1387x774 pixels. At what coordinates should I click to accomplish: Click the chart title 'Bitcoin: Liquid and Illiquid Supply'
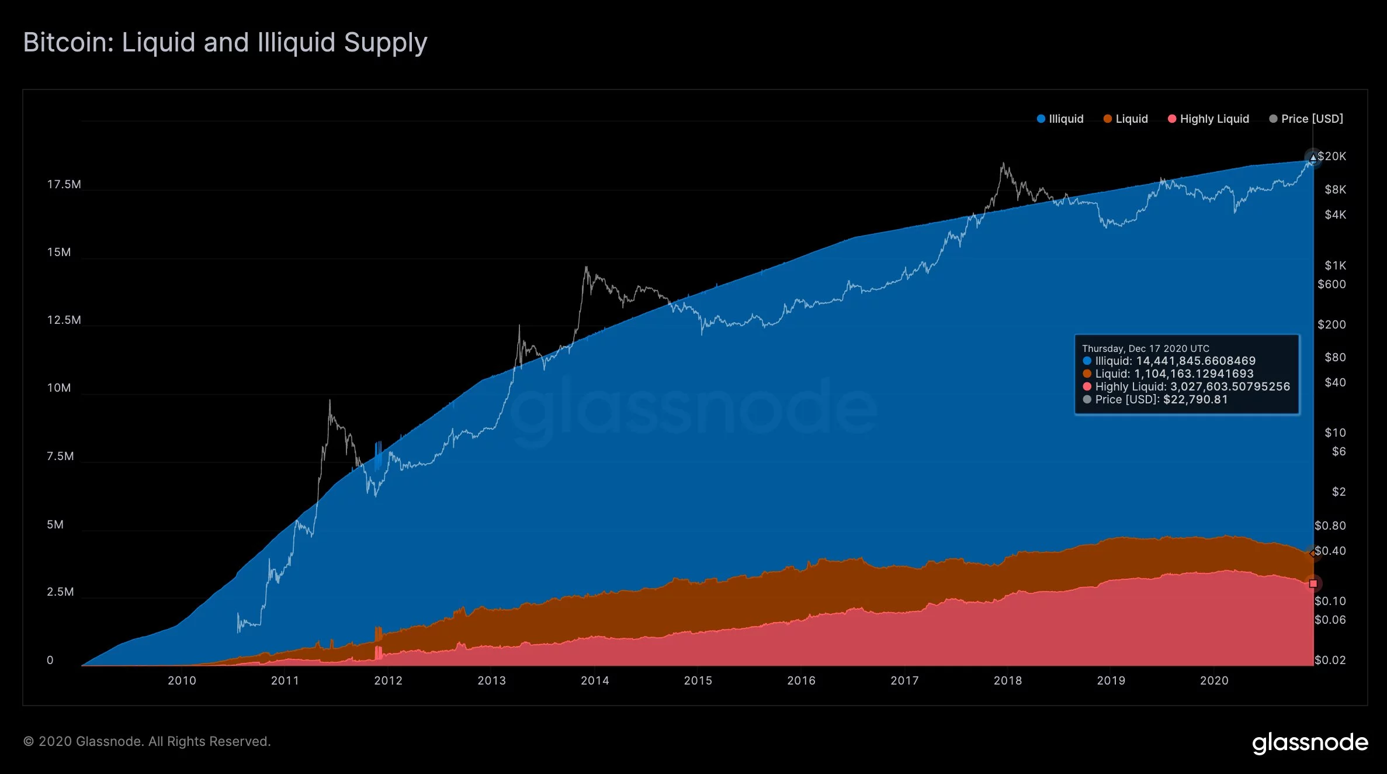[x=225, y=43]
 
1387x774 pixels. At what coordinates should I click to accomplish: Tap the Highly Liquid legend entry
[x=1208, y=119]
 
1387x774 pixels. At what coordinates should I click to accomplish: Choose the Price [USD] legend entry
[x=1306, y=119]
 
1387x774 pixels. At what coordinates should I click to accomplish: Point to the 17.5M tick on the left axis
[x=64, y=185]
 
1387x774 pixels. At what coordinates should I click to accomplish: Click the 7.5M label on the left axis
[x=60, y=456]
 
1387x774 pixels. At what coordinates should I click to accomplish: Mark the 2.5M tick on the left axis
[x=60, y=592]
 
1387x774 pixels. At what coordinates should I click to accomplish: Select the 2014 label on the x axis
[x=595, y=680]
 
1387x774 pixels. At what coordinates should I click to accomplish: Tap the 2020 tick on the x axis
[x=1214, y=680]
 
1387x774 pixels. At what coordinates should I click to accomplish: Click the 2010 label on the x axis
[x=182, y=680]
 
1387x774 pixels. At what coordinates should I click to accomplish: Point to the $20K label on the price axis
[x=1331, y=156]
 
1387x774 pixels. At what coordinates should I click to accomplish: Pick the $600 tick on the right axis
[x=1331, y=284]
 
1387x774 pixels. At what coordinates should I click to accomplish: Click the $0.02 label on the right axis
[x=1330, y=660]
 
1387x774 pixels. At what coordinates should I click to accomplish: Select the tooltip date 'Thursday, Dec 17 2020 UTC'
[x=1146, y=348]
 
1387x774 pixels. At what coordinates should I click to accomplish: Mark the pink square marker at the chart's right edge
[x=1313, y=583]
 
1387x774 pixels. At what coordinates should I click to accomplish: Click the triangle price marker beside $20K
[x=1313, y=158]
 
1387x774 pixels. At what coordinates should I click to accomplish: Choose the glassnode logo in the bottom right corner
[x=1310, y=742]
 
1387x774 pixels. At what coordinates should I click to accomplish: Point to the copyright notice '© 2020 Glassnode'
[x=147, y=741]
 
